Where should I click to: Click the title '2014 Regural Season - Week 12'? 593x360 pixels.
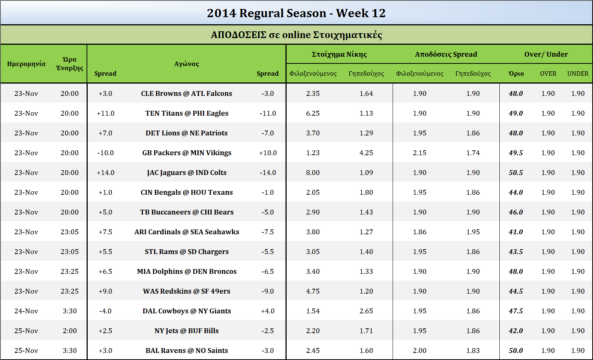pyautogui.click(x=296, y=13)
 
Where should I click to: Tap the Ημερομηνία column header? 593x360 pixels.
pyautogui.click(x=26, y=64)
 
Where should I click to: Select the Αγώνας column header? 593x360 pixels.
pyautogui.click(x=186, y=64)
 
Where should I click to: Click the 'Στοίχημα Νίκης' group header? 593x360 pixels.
pyautogui.click(x=339, y=54)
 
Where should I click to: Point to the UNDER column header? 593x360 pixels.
pyautogui.click(x=578, y=73)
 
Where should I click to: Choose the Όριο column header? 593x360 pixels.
pyautogui.click(x=516, y=73)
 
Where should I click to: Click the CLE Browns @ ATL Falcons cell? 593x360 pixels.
pyautogui.click(x=186, y=93)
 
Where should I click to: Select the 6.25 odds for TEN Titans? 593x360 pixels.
pyautogui.click(x=313, y=113)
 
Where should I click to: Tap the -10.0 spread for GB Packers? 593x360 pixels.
pyautogui.click(x=105, y=153)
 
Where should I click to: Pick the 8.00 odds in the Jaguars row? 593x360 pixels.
pyautogui.click(x=313, y=173)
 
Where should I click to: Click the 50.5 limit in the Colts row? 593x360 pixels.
pyautogui.click(x=516, y=173)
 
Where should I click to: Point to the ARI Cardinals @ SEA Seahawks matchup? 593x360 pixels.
pyautogui.click(x=187, y=232)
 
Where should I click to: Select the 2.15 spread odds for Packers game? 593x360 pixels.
pyautogui.click(x=419, y=153)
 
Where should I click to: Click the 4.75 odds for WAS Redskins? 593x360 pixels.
pyautogui.click(x=313, y=291)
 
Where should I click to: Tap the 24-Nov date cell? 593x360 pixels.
pyautogui.click(x=26, y=311)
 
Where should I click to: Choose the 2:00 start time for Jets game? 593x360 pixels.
pyautogui.click(x=70, y=331)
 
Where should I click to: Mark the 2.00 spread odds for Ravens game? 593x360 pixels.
pyautogui.click(x=419, y=350)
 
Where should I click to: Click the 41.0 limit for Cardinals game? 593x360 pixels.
pyautogui.click(x=516, y=232)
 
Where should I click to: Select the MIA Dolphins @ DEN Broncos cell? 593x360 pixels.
pyautogui.click(x=187, y=271)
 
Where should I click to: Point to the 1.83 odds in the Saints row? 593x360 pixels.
pyautogui.click(x=473, y=350)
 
